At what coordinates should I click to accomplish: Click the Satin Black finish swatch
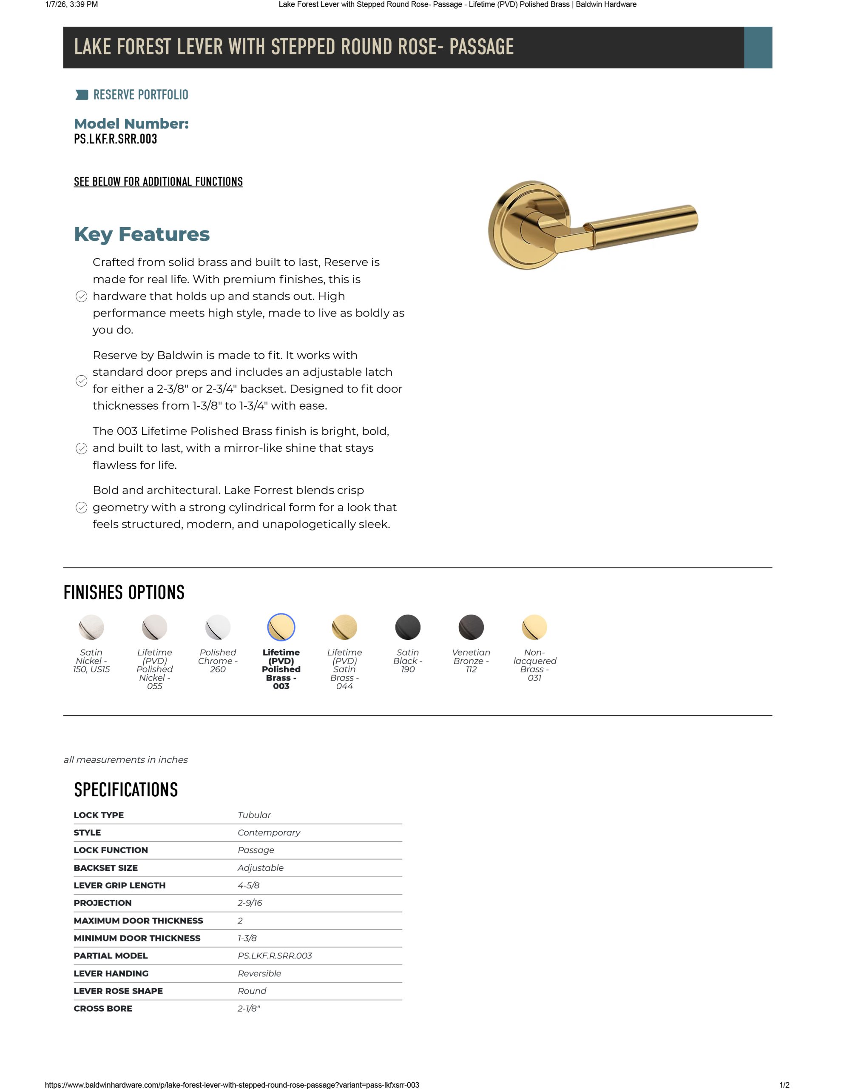point(407,627)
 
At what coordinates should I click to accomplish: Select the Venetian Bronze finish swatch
point(471,627)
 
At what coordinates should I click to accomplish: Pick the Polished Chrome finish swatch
point(218,627)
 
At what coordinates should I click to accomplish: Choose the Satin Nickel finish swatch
point(91,627)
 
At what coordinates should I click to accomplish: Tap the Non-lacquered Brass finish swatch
point(534,627)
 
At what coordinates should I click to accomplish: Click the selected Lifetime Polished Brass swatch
point(281,627)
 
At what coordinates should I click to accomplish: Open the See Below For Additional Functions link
point(158,182)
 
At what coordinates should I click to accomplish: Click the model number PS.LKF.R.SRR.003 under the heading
point(115,139)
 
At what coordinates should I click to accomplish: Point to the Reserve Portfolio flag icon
point(81,95)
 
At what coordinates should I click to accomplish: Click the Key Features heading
point(142,234)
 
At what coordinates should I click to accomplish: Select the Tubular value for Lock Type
point(254,815)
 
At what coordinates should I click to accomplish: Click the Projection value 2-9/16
point(249,903)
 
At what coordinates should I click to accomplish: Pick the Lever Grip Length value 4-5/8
point(248,885)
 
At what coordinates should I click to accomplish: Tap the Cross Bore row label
point(103,1008)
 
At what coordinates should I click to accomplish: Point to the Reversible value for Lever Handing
point(259,973)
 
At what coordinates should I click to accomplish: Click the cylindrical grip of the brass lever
point(643,227)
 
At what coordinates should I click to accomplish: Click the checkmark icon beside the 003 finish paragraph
point(81,448)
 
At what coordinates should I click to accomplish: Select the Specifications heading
point(125,790)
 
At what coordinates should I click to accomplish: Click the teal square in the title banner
point(757,47)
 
